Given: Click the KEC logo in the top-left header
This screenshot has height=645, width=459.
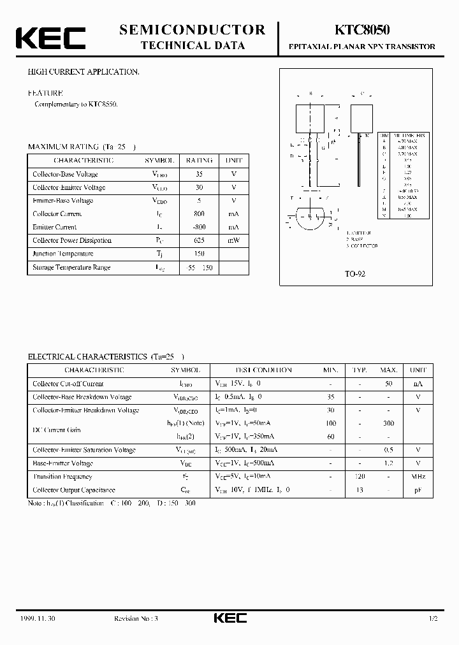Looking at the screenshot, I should tap(50, 38).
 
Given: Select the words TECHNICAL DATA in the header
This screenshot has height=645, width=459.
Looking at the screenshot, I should tap(192, 46).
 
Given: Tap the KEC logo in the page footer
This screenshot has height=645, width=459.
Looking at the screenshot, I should tap(229, 619).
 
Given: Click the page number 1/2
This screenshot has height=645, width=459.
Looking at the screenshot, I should tap(433, 619).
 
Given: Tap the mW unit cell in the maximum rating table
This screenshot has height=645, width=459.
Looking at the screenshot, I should tap(233, 240).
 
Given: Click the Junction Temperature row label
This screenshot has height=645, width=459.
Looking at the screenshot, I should tap(63, 254).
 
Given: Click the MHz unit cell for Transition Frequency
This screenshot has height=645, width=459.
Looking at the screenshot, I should tap(418, 477).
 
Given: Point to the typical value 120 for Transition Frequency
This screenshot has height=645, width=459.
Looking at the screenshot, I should tap(360, 477).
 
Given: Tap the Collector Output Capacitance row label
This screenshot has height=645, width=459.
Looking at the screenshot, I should tap(74, 490).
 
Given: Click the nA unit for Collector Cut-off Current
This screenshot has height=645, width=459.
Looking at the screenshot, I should tap(418, 384).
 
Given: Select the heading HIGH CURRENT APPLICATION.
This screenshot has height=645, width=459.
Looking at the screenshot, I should tap(84, 73).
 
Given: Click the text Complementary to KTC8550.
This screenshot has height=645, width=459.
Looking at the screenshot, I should tap(76, 104).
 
